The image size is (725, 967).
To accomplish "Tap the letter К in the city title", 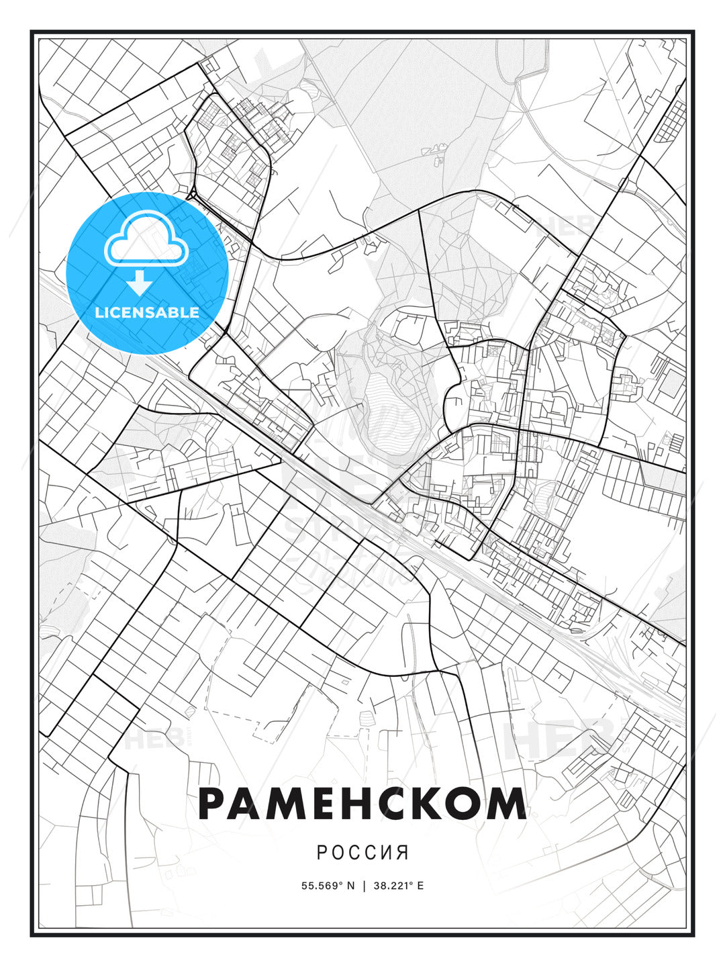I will pyautogui.click(x=432, y=804).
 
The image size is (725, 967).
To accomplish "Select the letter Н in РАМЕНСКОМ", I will pyautogui.click(x=358, y=804).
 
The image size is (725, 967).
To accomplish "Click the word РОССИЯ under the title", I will pyautogui.click(x=362, y=852).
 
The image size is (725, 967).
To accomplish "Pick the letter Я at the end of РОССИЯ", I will pyautogui.click(x=403, y=852).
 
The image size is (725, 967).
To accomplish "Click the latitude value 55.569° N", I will pyautogui.click(x=328, y=886).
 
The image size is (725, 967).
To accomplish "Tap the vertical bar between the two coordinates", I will pyautogui.click(x=364, y=886).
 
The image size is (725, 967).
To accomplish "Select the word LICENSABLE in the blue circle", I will pyautogui.click(x=147, y=312).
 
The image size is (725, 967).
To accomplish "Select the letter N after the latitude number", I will pyautogui.click(x=350, y=886).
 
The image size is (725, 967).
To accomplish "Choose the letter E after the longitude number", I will pyautogui.click(x=420, y=886).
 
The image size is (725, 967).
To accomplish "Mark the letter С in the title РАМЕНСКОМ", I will pyautogui.click(x=395, y=804).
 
